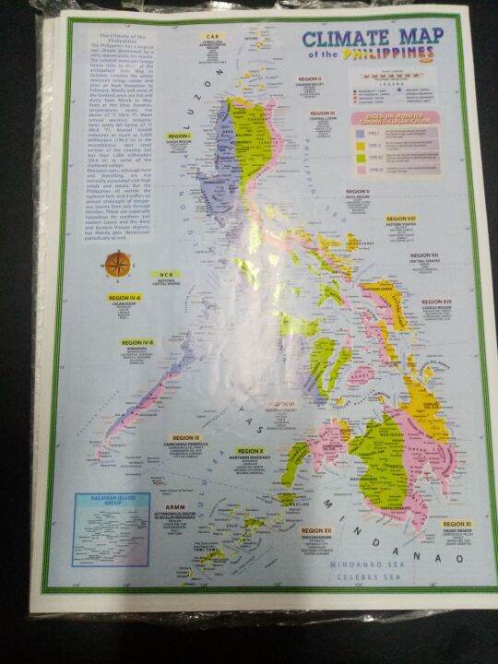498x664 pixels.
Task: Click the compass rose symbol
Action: pos(117,266)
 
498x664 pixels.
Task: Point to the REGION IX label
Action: pos(185,438)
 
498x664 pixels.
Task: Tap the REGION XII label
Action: pos(315,530)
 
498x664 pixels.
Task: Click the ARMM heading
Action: pos(174,508)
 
